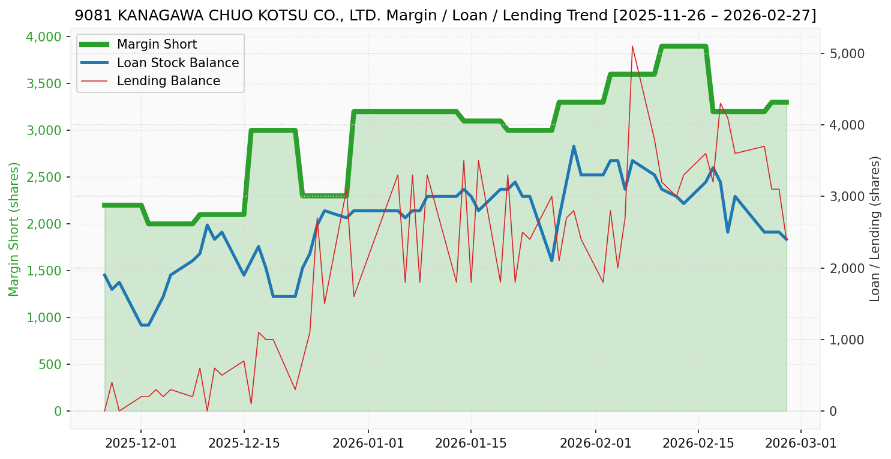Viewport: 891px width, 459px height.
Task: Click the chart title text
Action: tap(445, 16)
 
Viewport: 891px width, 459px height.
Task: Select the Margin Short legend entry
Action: tap(157, 44)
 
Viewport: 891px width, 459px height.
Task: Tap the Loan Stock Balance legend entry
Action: tap(178, 63)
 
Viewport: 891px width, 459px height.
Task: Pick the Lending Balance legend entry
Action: tap(168, 81)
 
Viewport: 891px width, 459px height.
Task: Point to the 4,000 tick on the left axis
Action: tap(45, 37)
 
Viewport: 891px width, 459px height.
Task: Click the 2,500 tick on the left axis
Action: tap(45, 178)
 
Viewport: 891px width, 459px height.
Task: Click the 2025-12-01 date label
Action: tap(141, 443)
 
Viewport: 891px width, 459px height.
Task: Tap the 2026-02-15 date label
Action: tap(698, 443)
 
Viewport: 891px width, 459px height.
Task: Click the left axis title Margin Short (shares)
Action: tap(14, 229)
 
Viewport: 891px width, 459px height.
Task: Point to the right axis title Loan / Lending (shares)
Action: tap(875, 229)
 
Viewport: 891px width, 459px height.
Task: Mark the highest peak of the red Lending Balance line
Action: tap(632, 46)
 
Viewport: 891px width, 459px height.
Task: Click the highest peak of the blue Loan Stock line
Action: tap(574, 146)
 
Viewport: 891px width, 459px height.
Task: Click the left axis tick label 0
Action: tap(58, 412)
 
